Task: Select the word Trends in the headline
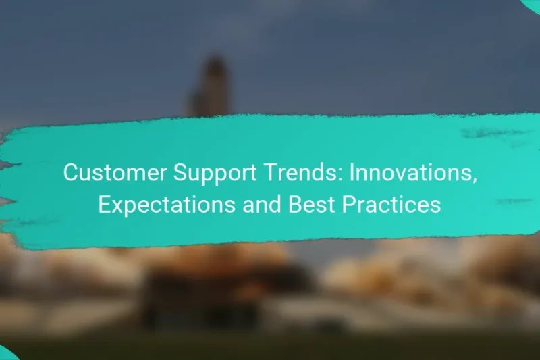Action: (x=289, y=173)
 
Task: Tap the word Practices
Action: (x=391, y=204)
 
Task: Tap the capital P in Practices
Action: (x=349, y=204)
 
